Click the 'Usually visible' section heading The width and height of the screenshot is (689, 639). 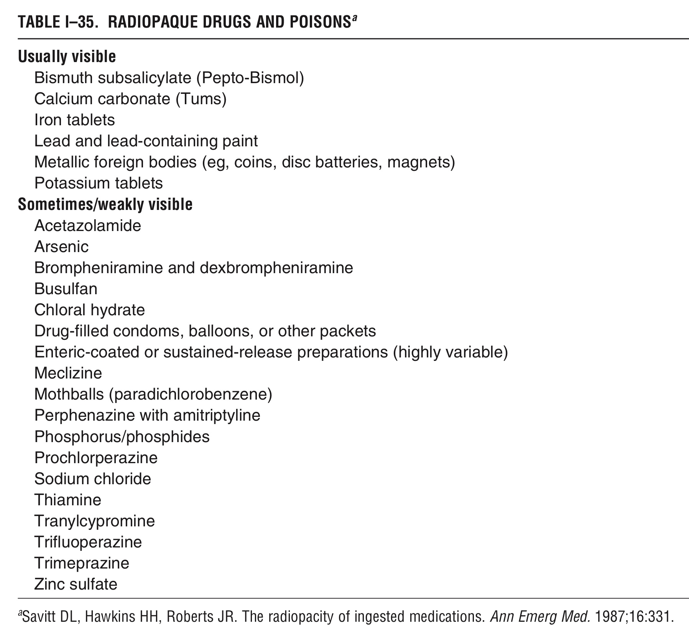coord(67,57)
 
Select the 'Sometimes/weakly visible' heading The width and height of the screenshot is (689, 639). coord(105,205)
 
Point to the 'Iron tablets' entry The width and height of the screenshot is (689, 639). coord(74,120)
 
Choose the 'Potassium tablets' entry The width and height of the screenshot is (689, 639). coord(99,183)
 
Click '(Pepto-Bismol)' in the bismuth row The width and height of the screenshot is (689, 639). coord(250,78)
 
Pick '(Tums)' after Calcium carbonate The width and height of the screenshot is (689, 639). coord(201,99)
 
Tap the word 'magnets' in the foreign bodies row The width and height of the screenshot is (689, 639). coord(420,162)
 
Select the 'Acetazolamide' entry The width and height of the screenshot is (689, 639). coord(88,225)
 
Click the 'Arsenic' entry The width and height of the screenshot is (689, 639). coord(61,246)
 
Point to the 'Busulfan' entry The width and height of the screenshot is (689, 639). coord(66,288)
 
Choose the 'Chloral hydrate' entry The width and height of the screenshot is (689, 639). coord(90,310)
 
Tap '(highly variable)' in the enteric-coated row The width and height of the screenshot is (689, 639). coord(450,352)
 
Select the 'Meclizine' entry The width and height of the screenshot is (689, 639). coord(68,373)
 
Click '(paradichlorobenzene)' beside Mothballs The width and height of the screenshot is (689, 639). coord(191,394)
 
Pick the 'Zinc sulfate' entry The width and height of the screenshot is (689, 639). coord(76,584)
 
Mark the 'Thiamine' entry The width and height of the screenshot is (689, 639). coord(68,500)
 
